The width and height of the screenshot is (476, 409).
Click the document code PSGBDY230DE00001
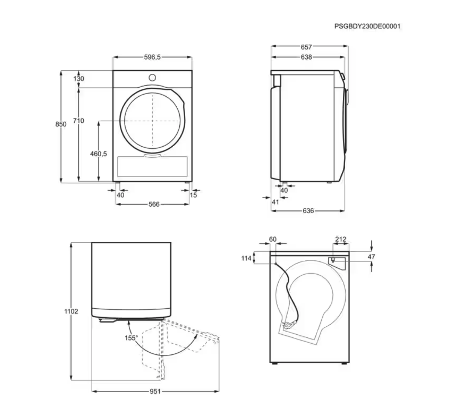point(367,26)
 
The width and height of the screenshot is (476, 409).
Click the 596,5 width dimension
point(152,57)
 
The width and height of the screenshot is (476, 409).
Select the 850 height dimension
point(61,124)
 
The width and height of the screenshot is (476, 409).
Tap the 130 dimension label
point(79,78)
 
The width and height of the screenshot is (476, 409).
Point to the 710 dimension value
point(78,121)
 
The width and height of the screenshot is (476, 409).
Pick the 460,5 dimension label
point(99,154)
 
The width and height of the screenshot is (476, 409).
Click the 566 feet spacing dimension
point(154,204)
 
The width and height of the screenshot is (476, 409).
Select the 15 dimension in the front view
point(193,195)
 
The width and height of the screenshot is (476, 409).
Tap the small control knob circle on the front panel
point(152,77)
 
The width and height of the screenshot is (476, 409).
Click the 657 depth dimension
point(306,47)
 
